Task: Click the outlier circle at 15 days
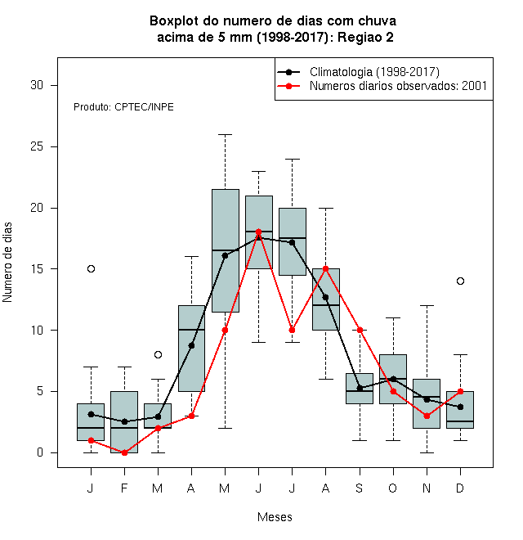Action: pos(91,268)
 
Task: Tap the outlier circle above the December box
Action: pos(460,281)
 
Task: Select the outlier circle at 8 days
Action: pos(158,355)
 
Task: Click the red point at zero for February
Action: pos(124,453)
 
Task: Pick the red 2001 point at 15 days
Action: pos(325,268)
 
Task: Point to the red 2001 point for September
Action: pos(360,330)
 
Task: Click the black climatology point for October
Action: pos(393,379)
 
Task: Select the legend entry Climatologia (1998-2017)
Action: pos(358,72)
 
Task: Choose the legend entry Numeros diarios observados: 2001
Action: pos(382,86)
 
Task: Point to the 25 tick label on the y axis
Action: pos(37,146)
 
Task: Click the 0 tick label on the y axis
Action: pos(40,452)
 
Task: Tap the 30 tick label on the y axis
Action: pos(37,85)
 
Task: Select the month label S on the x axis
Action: pos(360,488)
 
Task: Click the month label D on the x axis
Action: pos(460,488)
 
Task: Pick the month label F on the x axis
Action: pos(124,488)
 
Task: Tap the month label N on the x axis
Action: pos(427,488)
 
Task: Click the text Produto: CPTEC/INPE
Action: pos(123,107)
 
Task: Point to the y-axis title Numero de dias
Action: pos(7,263)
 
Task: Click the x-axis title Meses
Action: pos(275,517)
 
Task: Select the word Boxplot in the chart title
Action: pos(174,21)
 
